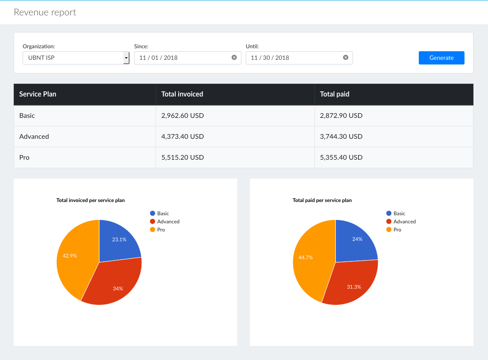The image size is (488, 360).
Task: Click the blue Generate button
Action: pos(441,58)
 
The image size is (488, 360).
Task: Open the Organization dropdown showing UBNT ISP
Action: pos(76,58)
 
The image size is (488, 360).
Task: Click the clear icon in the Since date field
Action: pos(234,58)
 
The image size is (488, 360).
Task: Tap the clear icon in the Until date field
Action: pos(346,58)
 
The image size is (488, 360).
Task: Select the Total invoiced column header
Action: pos(182,94)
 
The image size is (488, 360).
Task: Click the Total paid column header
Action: pos(335,94)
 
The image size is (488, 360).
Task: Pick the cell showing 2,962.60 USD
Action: pos(182,115)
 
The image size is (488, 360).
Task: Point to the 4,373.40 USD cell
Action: pos(182,136)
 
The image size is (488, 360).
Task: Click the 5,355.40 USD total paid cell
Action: pos(341,157)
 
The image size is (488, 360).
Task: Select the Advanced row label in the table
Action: pos(34,136)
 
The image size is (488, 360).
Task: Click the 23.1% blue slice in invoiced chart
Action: pos(119,240)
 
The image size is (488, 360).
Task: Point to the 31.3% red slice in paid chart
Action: pos(354,287)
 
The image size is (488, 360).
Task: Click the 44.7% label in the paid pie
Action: pos(306,258)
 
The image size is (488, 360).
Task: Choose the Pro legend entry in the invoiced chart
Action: pos(161,230)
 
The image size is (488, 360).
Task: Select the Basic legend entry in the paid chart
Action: pos(399,214)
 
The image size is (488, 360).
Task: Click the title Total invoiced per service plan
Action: pos(91,200)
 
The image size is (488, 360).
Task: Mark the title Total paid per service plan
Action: pos(322,200)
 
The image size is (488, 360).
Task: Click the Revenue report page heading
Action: pos(45,12)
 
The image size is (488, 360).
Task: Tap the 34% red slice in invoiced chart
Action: pos(118,288)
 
